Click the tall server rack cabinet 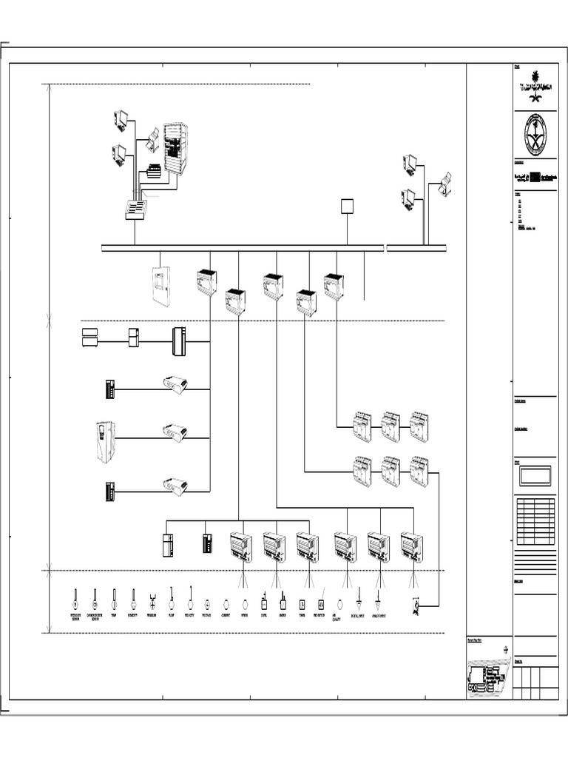[176, 148]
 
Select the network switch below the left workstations [136, 209]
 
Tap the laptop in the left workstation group [153, 138]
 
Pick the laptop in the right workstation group [445, 183]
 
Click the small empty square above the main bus [347, 206]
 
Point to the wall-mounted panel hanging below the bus [161, 285]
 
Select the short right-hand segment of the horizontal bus [416, 248]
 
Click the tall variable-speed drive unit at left [105, 442]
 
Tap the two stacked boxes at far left [89, 337]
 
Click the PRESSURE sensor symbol [152, 599]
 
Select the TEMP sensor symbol [115, 597]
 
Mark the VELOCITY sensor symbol [190, 597]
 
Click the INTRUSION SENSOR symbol [75, 597]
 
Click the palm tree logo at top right [535, 90]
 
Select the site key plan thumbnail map [487, 675]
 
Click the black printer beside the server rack [154, 171]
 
